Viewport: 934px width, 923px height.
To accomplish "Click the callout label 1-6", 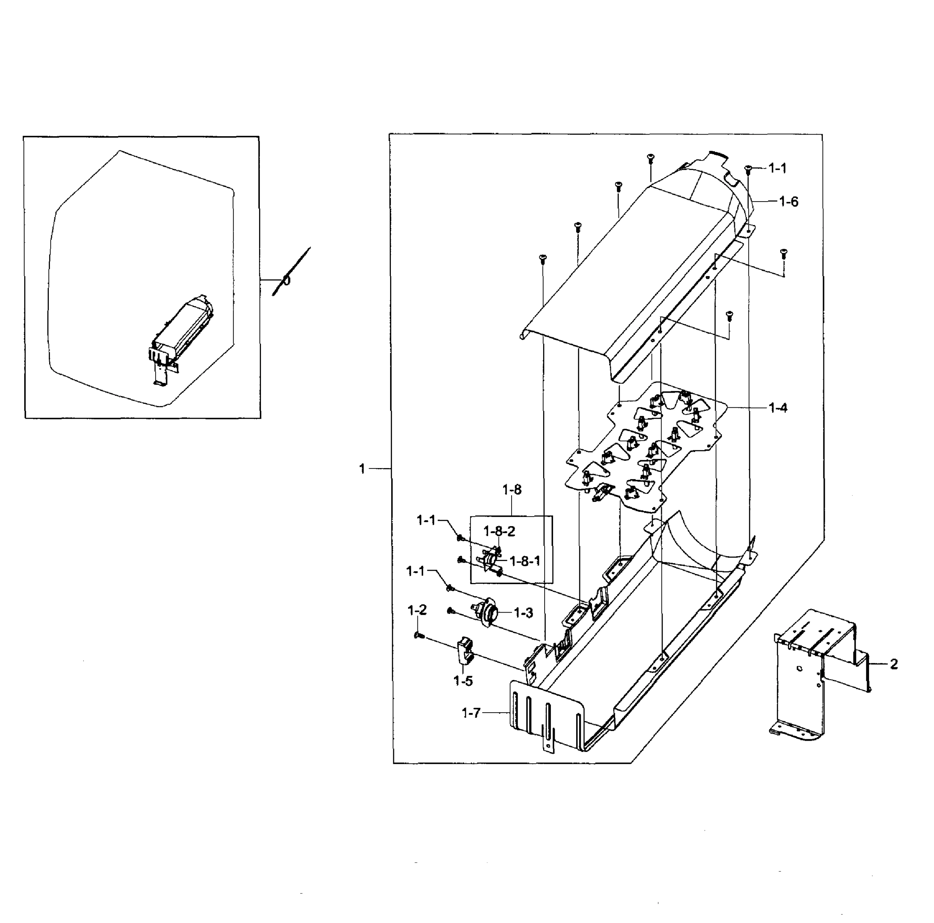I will pos(788,202).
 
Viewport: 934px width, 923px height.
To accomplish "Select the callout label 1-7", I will pos(471,713).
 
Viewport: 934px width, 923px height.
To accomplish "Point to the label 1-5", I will pos(463,681).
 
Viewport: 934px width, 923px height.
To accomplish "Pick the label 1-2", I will pos(417,610).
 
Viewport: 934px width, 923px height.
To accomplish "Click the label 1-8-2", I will pos(499,531).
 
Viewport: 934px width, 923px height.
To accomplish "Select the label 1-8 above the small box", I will pos(512,490).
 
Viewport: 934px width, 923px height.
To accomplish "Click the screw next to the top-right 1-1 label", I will pos(748,169).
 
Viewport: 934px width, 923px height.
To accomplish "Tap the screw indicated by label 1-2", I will pos(419,636).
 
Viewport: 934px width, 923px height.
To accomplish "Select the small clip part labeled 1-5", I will pos(465,651).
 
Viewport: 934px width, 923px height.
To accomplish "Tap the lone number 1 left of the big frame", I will pos(362,468).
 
